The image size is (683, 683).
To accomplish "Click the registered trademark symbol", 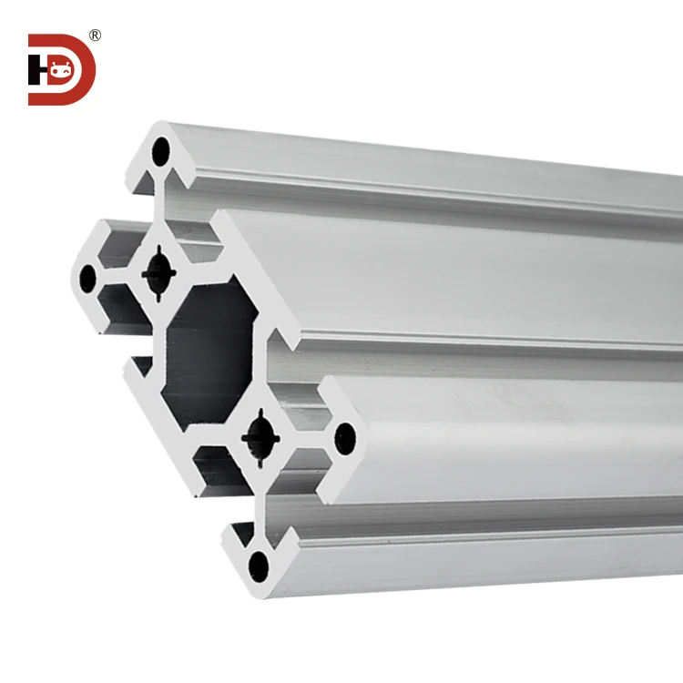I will (95, 36).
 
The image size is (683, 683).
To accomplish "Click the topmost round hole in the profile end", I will (161, 150).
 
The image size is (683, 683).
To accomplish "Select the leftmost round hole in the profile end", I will (88, 277).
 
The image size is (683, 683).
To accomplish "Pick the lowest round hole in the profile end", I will (260, 566).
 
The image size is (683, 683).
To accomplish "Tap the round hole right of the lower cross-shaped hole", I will (345, 438).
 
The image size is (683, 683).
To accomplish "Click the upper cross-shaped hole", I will (160, 270).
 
